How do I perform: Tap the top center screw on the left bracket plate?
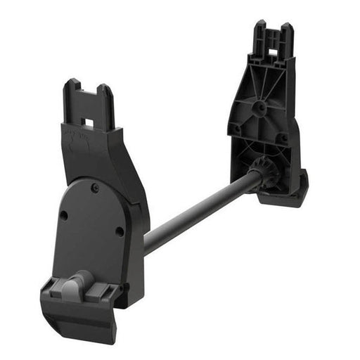point(94,187)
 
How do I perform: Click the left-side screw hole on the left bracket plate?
point(63,216)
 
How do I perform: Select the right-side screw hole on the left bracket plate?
point(120,230)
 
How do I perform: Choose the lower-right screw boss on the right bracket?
point(283,138)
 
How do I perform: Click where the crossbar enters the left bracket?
point(147,243)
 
